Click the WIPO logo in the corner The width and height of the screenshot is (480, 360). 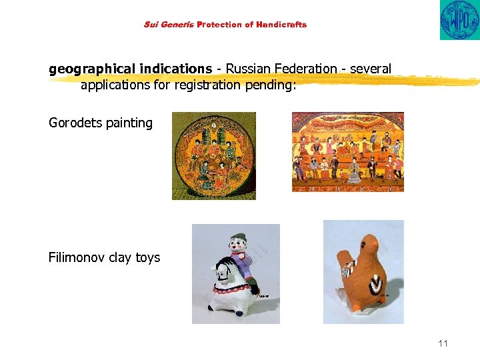coord(459,20)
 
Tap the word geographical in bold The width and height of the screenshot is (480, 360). coord(91,69)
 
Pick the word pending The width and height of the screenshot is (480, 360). coord(271,85)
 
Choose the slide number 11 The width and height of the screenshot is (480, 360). coord(443,343)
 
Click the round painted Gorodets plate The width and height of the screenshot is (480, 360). coord(213,155)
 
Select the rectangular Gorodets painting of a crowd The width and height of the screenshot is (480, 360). coord(347,151)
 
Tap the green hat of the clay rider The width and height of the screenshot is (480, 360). coord(238,238)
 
